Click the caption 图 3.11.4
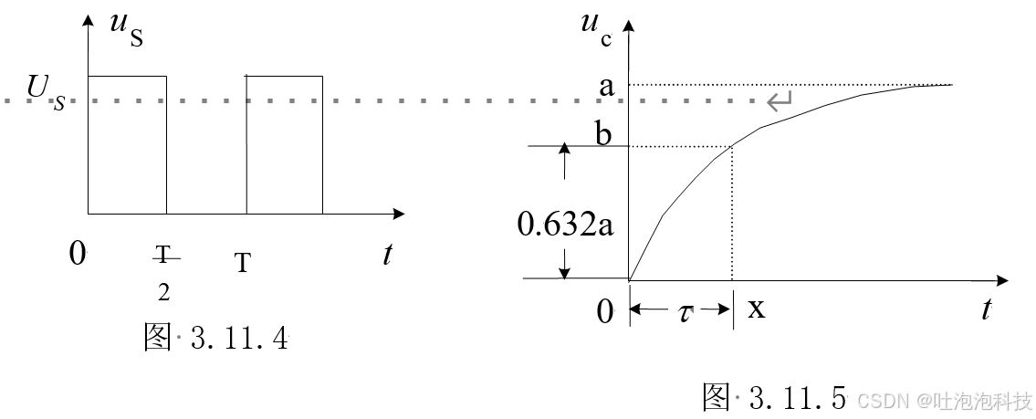coord(215,339)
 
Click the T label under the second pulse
coord(242,264)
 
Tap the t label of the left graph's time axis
coord(388,255)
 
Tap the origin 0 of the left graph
coord(78,254)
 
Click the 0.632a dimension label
coord(567,223)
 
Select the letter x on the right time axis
coord(757,309)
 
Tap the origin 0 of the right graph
coord(605,312)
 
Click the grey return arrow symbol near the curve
coord(780,101)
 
